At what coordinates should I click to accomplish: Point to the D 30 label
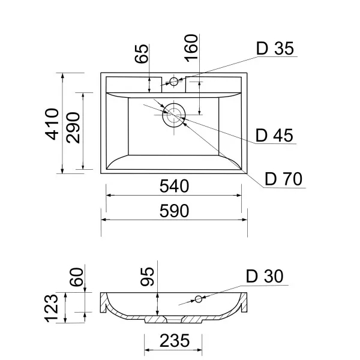(x=265, y=277)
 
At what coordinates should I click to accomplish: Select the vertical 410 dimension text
(x=53, y=124)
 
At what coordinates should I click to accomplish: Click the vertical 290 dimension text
(x=73, y=127)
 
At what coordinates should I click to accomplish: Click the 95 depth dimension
(x=148, y=276)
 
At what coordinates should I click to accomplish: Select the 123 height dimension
(x=53, y=307)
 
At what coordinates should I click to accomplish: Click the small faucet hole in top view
(x=174, y=81)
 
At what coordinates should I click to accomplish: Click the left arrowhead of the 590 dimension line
(x=103, y=220)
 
